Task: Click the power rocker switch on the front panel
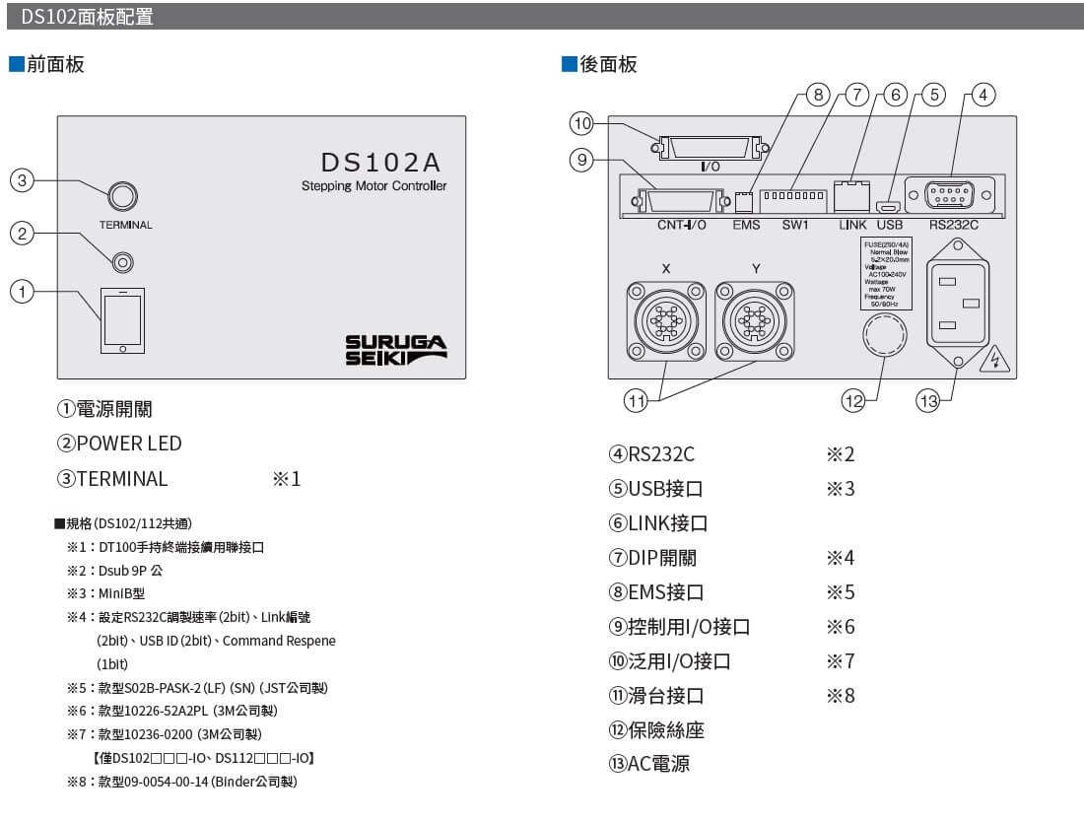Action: click(123, 319)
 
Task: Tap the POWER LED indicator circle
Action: click(123, 262)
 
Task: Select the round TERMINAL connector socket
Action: click(121, 195)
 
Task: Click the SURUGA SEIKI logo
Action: click(395, 350)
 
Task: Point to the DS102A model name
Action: click(380, 162)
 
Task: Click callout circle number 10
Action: click(581, 123)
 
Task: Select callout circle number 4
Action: click(982, 95)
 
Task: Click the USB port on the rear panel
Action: click(889, 207)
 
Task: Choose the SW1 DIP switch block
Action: click(793, 196)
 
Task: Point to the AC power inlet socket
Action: click(957, 304)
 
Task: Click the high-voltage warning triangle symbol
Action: click(996, 359)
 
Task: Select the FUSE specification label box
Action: click(886, 273)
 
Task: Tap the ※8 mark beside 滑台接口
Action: click(841, 696)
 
